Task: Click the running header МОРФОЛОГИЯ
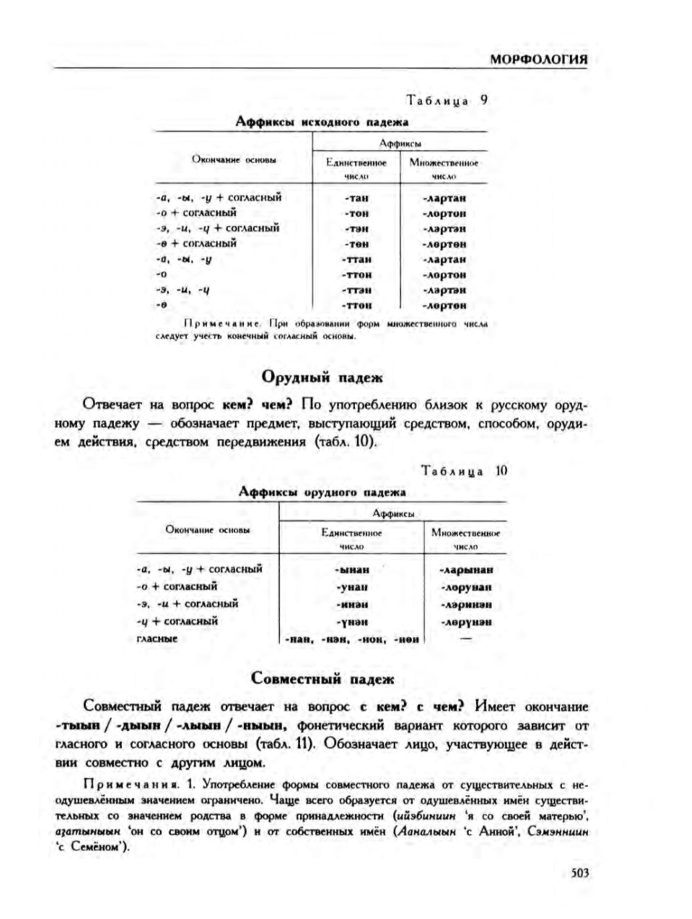(x=539, y=59)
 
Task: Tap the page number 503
(x=580, y=873)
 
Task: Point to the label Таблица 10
(x=465, y=471)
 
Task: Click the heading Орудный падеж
(x=322, y=377)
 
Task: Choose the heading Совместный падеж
(x=323, y=679)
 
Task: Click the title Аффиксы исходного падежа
(x=322, y=122)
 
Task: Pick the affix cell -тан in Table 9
(x=356, y=198)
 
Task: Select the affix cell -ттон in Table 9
(x=356, y=275)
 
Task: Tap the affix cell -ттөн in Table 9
(x=356, y=305)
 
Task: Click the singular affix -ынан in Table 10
(x=352, y=570)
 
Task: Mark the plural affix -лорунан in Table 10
(x=465, y=587)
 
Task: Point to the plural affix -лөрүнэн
(x=465, y=621)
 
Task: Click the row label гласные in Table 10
(x=157, y=638)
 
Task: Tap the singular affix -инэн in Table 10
(x=352, y=604)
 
